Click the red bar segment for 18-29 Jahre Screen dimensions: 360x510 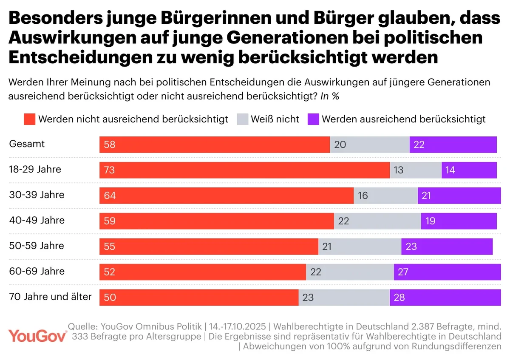tap(244, 170)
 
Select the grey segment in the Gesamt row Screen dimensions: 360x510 tap(370, 145)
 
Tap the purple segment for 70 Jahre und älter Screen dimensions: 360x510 tap(445, 298)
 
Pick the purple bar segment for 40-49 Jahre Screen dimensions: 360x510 tap(459, 221)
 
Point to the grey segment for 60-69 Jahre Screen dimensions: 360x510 tap(350, 272)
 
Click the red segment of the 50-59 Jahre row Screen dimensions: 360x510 tap(209, 247)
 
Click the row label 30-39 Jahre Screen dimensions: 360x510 tap(37, 195)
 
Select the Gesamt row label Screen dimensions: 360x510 tap(27, 144)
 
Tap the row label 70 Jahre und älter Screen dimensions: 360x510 tap(50, 297)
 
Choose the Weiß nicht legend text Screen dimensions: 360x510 tap(275, 119)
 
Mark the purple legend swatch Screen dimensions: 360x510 tap(312, 119)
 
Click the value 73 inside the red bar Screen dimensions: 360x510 tap(109, 170)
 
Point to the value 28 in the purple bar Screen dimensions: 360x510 tap(399, 298)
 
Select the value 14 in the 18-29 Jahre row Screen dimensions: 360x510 tap(450, 170)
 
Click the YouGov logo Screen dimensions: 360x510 tap(38, 335)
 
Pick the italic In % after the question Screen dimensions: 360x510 tap(330, 96)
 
